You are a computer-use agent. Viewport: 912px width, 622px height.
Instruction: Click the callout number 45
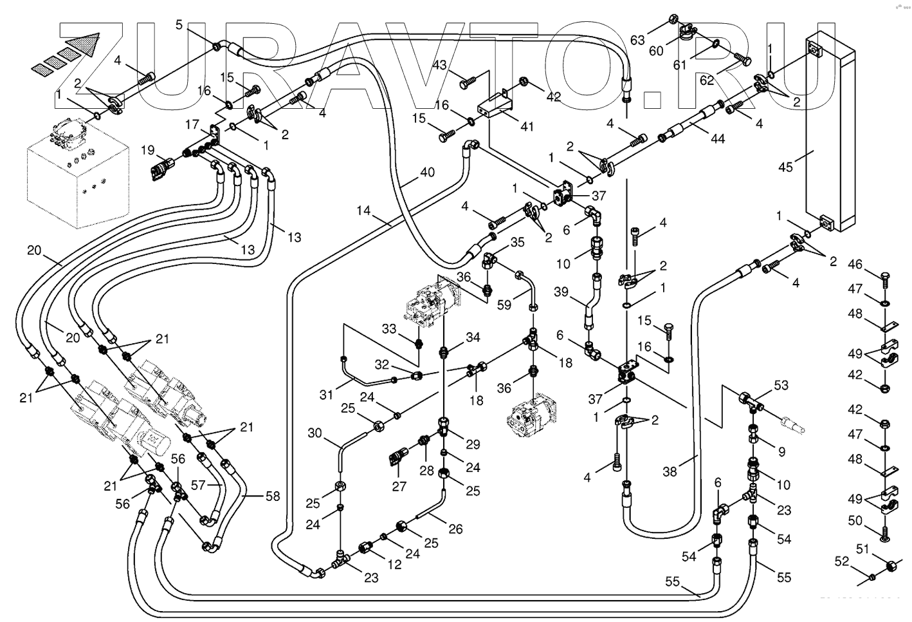(785, 167)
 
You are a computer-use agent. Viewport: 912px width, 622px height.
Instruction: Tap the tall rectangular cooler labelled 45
(830, 129)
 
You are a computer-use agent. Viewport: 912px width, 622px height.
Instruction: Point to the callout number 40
(427, 173)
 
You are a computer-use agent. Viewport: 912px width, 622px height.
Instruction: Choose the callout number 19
(149, 151)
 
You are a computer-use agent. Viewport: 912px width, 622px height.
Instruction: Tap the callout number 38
(670, 471)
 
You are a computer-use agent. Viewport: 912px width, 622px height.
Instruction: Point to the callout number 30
(315, 433)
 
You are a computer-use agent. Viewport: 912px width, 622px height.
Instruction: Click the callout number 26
(455, 529)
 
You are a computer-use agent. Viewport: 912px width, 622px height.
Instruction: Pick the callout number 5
(179, 24)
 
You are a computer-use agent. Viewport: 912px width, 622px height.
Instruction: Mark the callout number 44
(718, 138)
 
